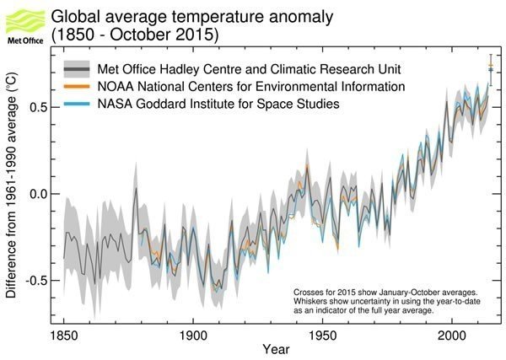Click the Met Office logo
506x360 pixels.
click(x=23, y=24)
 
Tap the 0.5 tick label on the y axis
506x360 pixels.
click(x=38, y=107)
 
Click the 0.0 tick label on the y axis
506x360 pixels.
click(x=38, y=193)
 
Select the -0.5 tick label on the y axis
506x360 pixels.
click(x=36, y=280)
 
